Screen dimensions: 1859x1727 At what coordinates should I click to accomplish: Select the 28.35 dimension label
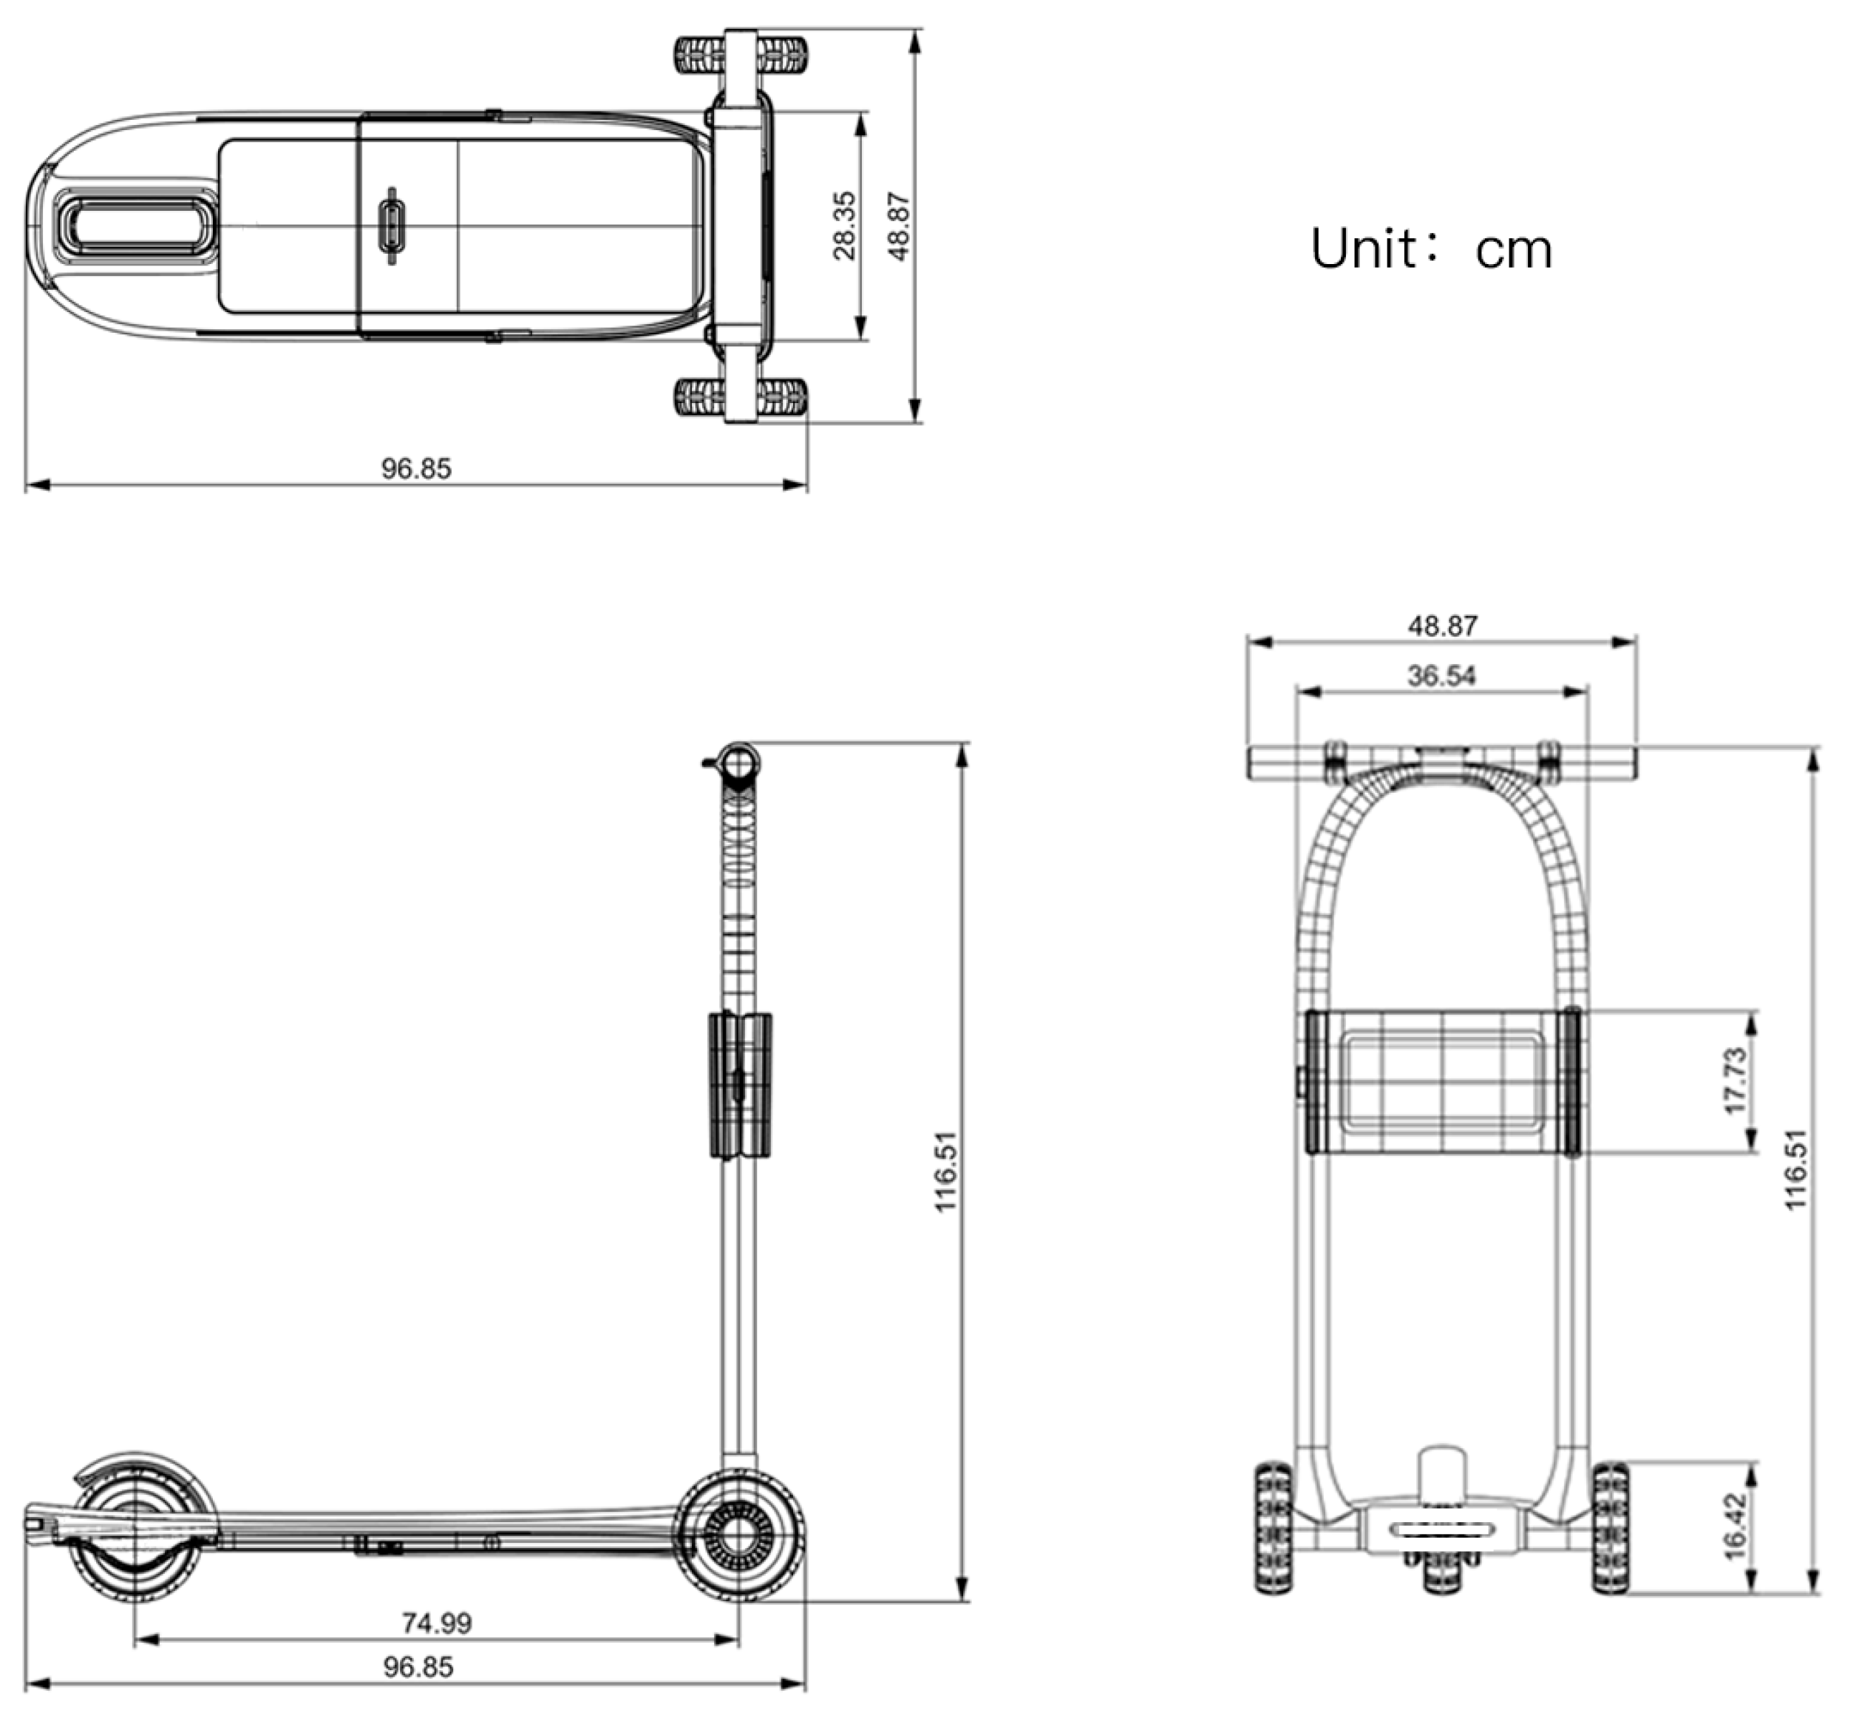tap(843, 226)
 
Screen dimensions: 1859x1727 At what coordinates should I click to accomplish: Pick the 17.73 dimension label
tap(1734, 1081)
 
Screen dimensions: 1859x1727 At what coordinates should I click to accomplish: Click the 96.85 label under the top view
tap(415, 468)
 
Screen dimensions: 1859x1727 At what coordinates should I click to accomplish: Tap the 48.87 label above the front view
tap(1442, 625)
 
